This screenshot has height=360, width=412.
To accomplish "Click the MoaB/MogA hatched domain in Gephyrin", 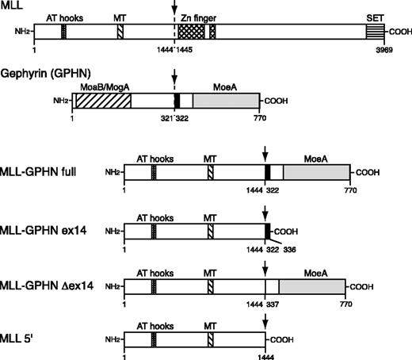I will pos(101,101).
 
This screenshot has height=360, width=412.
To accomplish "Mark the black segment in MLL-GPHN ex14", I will pos(268,230).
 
